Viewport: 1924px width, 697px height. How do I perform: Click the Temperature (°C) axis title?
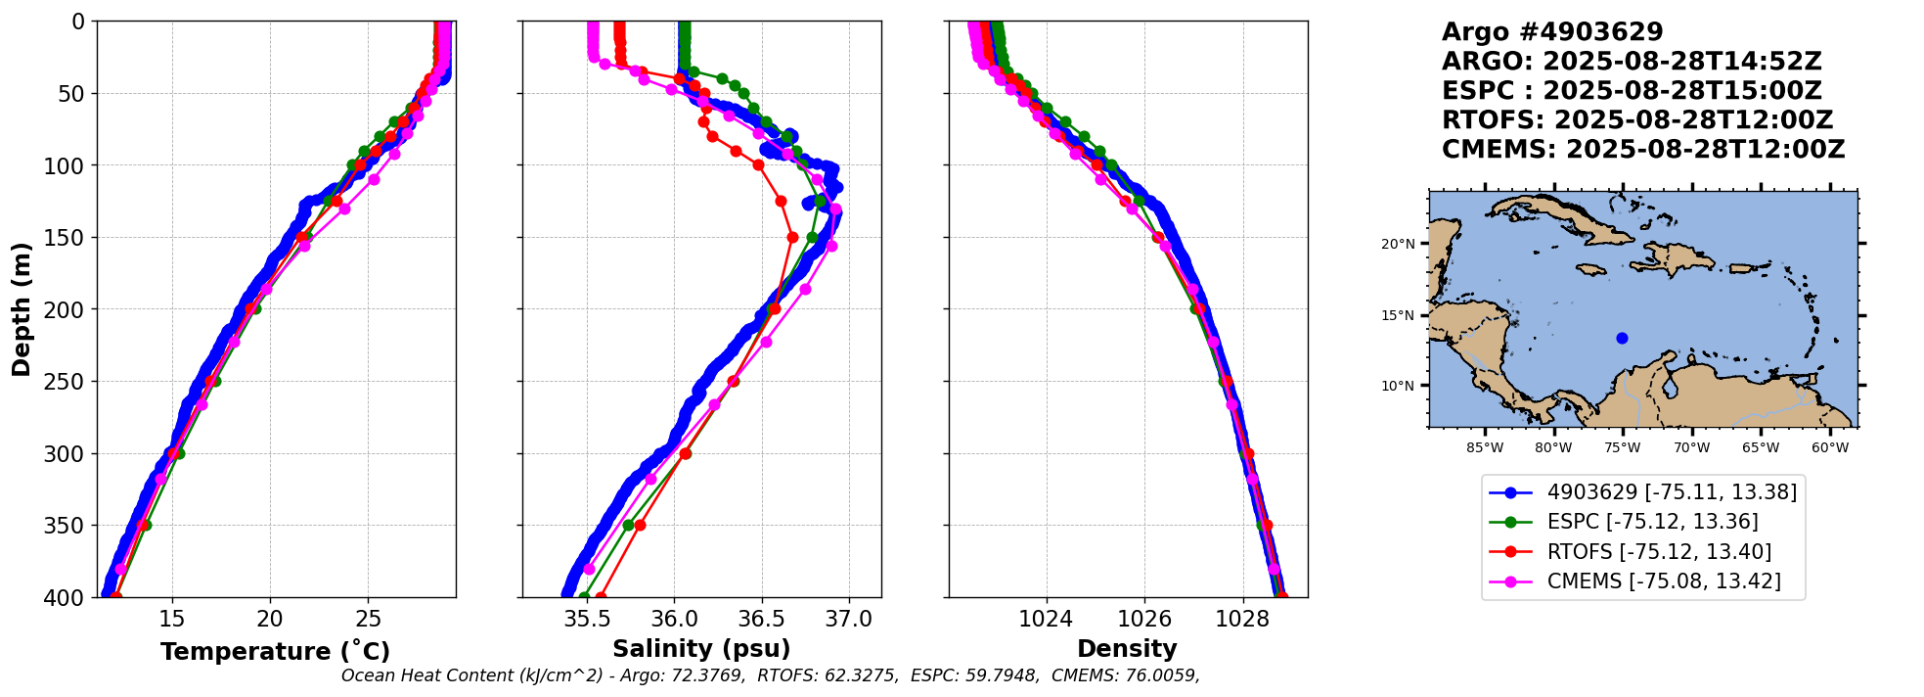(275, 652)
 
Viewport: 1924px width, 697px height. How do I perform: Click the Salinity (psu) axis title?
(701, 649)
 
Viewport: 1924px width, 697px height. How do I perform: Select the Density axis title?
(1127, 649)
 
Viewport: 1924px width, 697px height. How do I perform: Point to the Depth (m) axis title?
(22, 308)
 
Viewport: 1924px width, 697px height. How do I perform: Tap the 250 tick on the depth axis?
(70, 382)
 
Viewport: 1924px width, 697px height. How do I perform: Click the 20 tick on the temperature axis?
(270, 619)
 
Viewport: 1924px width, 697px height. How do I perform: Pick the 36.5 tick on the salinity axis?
(761, 619)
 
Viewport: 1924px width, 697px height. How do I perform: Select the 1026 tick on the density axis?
(1144, 619)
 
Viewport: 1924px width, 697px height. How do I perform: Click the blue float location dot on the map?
(1622, 338)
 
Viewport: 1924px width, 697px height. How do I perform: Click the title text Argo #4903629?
(1552, 32)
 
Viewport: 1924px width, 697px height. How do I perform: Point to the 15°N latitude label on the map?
(1398, 315)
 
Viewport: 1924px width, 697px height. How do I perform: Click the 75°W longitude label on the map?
(1622, 448)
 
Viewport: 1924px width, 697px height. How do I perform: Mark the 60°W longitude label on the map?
(1830, 448)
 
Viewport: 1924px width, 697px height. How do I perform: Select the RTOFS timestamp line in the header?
(1637, 120)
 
